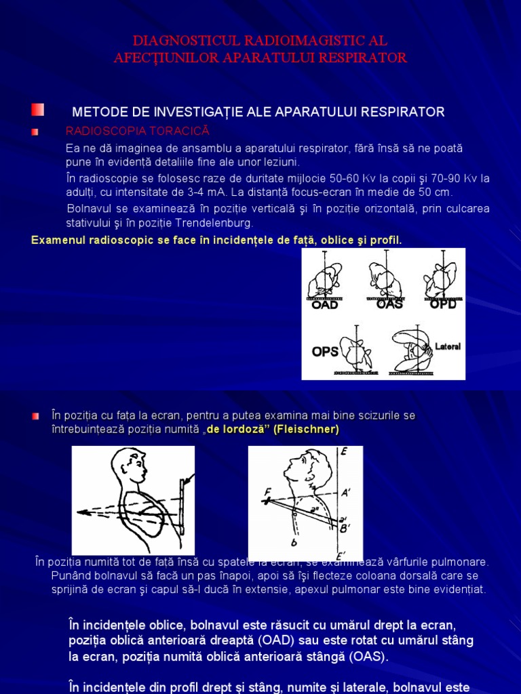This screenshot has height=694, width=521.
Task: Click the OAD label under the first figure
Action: (324, 305)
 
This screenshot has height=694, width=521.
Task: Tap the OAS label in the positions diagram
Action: (389, 304)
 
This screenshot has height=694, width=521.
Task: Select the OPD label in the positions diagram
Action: (443, 304)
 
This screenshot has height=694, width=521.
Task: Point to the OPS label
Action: (325, 352)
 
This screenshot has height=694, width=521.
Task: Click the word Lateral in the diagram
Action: (448, 346)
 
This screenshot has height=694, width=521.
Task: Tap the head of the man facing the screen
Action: (130, 466)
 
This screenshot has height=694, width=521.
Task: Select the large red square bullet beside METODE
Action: (37, 110)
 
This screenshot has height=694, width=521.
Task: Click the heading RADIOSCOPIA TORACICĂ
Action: (137, 130)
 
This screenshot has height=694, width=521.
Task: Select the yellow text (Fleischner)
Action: (306, 430)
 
